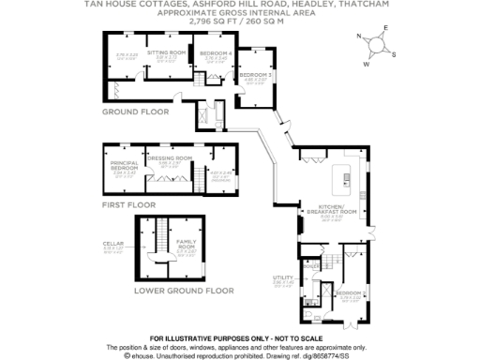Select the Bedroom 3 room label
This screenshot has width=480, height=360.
[x=254, y=74]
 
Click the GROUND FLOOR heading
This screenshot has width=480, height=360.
[x=135, y=111]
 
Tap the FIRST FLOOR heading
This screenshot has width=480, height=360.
[x=126, y=202]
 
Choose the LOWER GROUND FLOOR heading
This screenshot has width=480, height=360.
[x=183, y=291]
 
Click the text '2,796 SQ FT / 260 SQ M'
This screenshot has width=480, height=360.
[x=241, y=22]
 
